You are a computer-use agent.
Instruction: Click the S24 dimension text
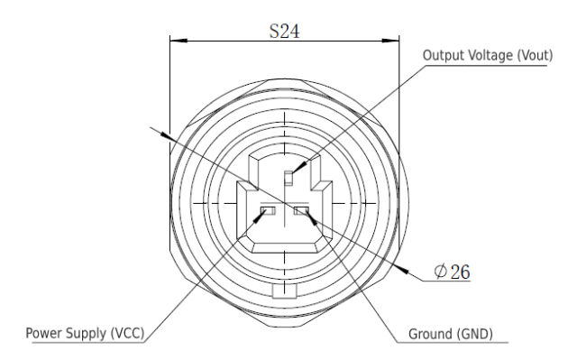point(285,29)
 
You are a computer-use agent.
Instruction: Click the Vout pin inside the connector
point(288,177)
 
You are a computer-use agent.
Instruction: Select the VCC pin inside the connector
point(267,214)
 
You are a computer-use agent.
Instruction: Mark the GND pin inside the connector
point(301,214)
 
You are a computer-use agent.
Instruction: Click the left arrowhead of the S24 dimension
point(175,41)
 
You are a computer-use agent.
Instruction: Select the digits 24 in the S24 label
point(290,29)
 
